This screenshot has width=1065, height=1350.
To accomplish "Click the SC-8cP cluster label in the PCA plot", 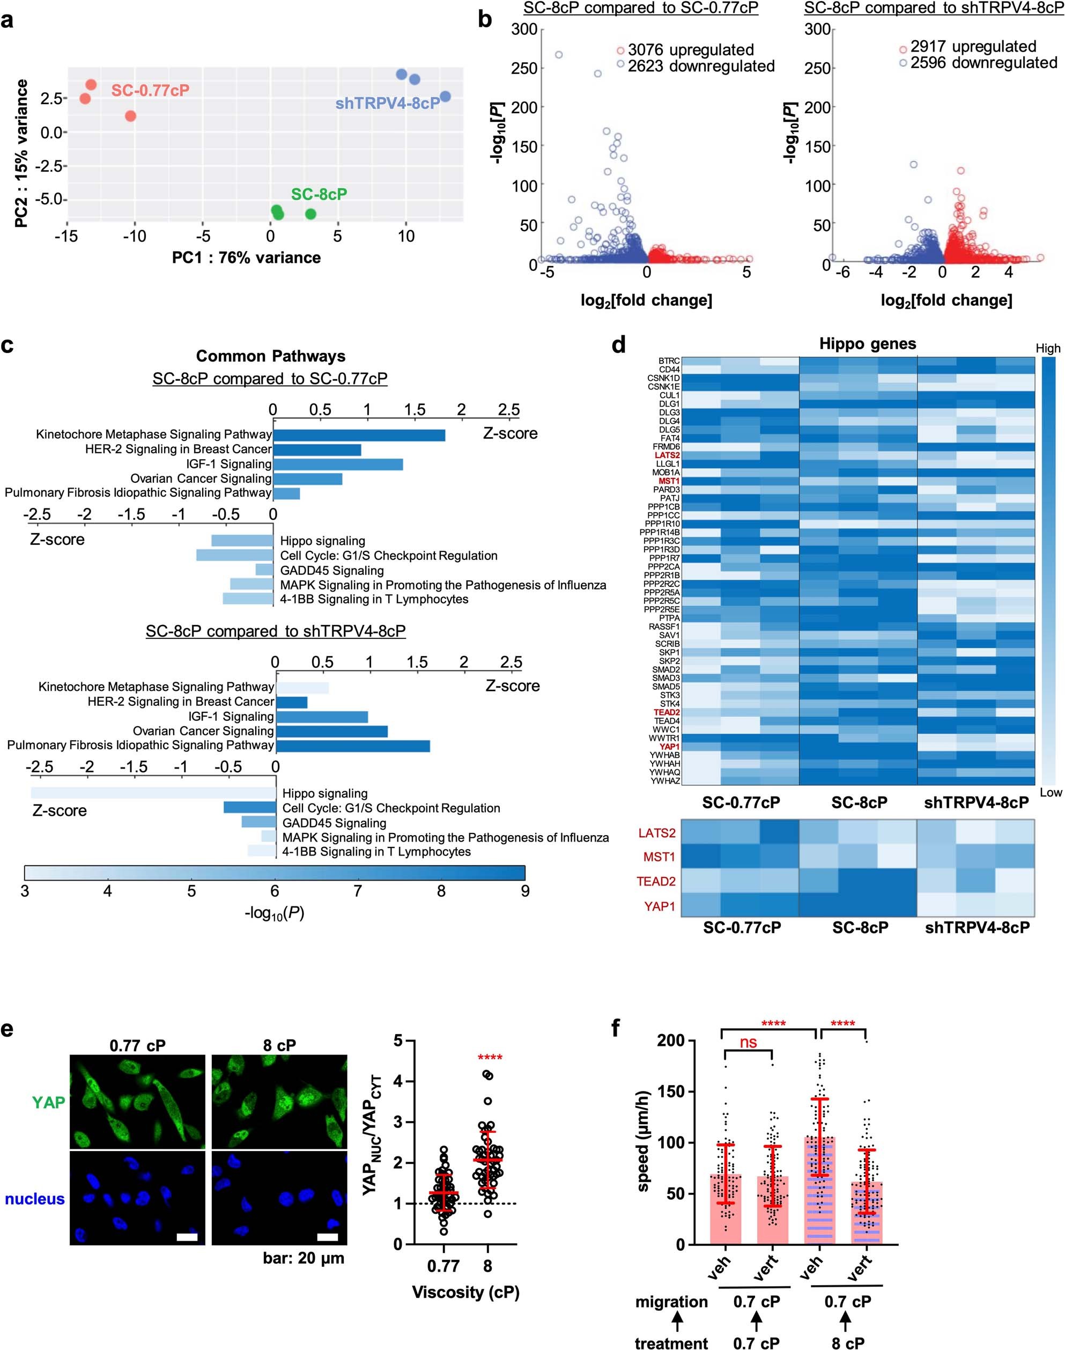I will tap(319, 194).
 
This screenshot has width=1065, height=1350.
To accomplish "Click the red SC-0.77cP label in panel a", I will tap(150, 91).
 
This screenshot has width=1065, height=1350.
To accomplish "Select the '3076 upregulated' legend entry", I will tap(690, 50).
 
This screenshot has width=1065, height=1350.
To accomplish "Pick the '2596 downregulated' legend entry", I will tap(983, 63).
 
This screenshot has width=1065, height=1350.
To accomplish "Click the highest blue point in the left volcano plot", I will tap(559, 55).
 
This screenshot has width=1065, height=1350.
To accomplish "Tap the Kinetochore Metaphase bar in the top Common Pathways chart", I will tap(359, 434).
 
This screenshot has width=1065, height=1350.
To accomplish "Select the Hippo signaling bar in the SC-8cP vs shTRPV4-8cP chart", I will tap(153, 793).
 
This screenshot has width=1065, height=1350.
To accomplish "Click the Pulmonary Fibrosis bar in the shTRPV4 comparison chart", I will tap(352, 746).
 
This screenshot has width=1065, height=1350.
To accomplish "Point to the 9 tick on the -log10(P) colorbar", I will tap(524, 890).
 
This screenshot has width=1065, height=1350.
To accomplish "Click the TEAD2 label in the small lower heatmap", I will tap(655, 881).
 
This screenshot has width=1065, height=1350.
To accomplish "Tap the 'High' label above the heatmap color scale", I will tap(1047, 349).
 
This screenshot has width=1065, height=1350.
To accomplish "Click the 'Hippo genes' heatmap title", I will tap(867, 344).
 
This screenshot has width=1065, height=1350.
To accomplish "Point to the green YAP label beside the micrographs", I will tap(49, 1102).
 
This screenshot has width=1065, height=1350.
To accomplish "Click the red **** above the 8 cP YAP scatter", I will tap(490, 1057).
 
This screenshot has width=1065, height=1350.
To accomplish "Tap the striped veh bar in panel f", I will tap(819, 1191).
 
